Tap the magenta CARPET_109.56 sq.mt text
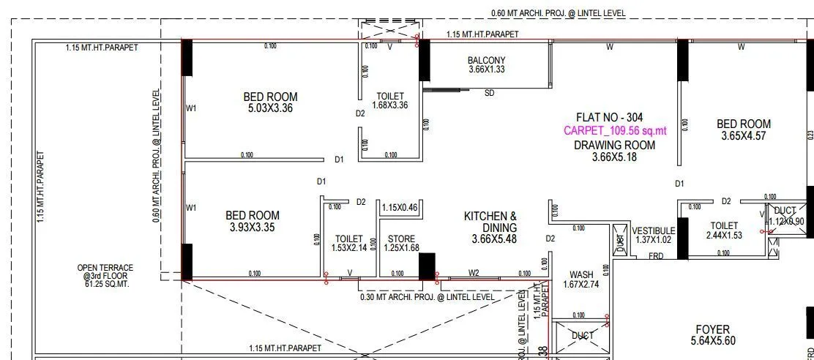pyautogui.click(x=616, y=131)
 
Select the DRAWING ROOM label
pyautogui.click(x=614, y=145)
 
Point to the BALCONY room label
pyautogui.click(x=487, y=60)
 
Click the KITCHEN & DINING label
pyautogui.click(x=490, y=222)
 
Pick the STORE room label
pyautogui.click(x=401, y=238)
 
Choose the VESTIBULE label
pyautogui.click(x=654, y=230)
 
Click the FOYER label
pyautogui.click(x=712, y=330)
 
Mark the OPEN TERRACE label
pyautogui.click(x=105, y=269)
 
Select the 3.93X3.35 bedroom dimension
pyautogui.click(x=252, y=228)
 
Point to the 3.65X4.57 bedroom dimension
pyautogui.click(x=743, y=137)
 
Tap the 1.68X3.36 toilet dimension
pyautogui.click(x=390, y=105)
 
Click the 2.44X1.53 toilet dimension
pyautogui.click(x=723, y=236)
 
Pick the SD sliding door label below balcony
pyautogui.click(x=490, y=94)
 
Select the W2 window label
pyautogui.click(x=474, y=274)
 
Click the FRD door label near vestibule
pyautogui.click(x=656, y=256)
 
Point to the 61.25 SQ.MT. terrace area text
pyautogui.click(x=106, y=284)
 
